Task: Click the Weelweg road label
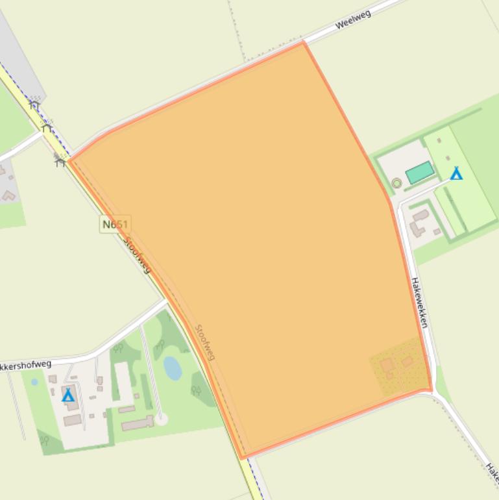353,19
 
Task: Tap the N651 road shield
116,225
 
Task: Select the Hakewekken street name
420,303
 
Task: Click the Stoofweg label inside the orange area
205,342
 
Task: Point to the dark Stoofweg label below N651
137,255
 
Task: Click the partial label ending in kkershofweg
25,366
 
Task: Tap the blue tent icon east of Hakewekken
456,173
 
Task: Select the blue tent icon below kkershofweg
68,395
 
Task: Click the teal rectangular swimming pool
420,173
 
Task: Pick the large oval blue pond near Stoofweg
173,368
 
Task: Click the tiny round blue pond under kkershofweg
34,382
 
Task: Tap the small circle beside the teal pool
396,183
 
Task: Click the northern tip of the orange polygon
303,43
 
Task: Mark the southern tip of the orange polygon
242,457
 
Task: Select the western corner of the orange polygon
69,160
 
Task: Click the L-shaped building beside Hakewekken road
418,221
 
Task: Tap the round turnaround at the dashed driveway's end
161,419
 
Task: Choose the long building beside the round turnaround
137,423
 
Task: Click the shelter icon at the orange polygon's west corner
60,160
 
